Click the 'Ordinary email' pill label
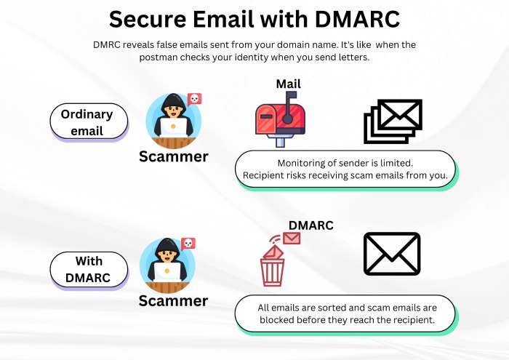click(x=88, y=122)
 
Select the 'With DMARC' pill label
click(x=88, y=269)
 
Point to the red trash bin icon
click(x=273, y=266)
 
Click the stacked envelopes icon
click(x=392, y=121)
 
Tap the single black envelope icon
click(x=392, y=255)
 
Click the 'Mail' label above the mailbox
click(x=288, y=84)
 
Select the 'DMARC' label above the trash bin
click(x=310, y=225)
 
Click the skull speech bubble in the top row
click(x=194, y=99)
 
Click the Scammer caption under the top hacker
click(x=173, y=156)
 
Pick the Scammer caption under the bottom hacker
click(x=173, y=300)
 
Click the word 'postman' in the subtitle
click(x=160, y=57)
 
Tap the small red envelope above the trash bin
click(x=292, y=237)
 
